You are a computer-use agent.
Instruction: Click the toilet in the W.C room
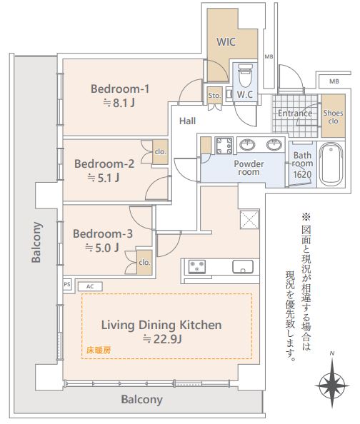(x=245, y=76)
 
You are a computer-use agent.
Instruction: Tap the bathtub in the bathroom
(x=331, y=164)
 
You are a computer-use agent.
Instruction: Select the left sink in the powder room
(x=247, y=145)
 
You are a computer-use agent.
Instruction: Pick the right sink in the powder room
(x=274, y=145)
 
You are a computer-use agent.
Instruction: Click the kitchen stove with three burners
(x=197, y=266)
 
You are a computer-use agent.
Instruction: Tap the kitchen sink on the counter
(x=243, y=267)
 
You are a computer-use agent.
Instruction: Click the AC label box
(x=90, y=286)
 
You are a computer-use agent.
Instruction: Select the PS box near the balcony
(x=67, y=285)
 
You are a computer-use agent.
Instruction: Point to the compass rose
(x=332, y=385)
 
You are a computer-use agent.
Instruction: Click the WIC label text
(x=226, y=42)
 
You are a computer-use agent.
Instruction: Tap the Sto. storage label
(x=214, y=96)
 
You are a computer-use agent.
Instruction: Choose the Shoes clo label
(x=333, y=117)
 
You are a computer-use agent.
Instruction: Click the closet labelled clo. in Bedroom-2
(x=160, y=152)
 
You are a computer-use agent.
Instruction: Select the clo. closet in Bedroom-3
(x=144, y=262)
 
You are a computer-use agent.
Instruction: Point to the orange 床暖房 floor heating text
(x=99, y=350)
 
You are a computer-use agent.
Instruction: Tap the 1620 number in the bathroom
(x=302, y=174)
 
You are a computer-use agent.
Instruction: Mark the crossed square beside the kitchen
(x=249, y=219)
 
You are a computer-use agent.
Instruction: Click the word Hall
(x=188, y=121)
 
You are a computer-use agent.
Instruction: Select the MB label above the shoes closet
(x=334, y=81)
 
